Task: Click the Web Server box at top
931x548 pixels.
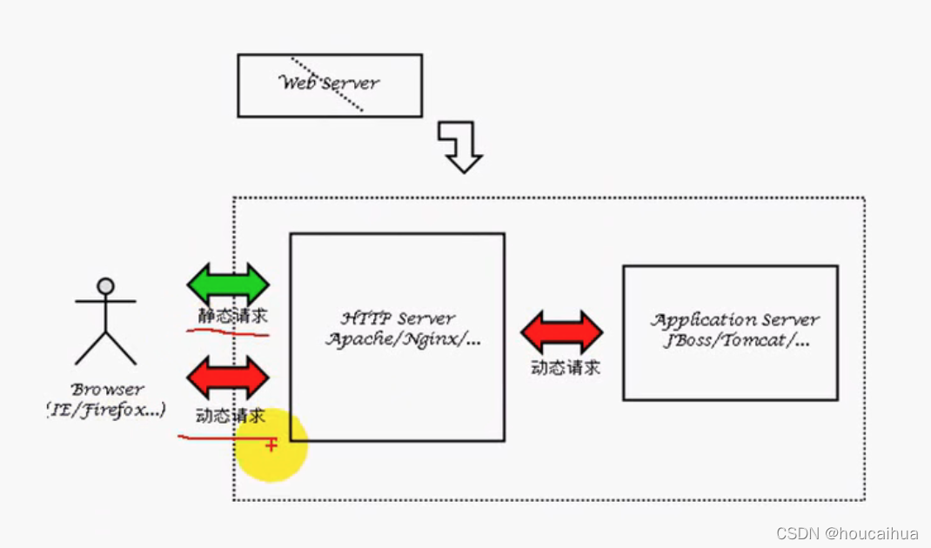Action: click(329, 85)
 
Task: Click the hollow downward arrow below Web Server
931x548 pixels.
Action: click(461, 146)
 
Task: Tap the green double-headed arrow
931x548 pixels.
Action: click(228, 284)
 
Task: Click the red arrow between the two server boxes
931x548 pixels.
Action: click(562, 331)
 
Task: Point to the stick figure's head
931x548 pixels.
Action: click(105, 285)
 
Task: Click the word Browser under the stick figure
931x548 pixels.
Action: click(108, 389)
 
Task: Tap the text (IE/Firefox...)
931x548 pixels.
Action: click(106, 409)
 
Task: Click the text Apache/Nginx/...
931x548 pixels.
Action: click(403, 339)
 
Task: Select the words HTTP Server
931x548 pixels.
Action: click(398, 318)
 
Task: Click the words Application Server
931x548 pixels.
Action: click(735, 319)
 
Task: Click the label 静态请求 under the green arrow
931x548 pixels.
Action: click(232, 316)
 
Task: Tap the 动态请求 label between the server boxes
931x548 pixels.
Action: click(566, 367)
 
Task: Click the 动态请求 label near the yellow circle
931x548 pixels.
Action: click(230, 416)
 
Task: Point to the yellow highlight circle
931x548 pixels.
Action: click(271, 445)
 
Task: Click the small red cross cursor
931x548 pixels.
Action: click(271, 444)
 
